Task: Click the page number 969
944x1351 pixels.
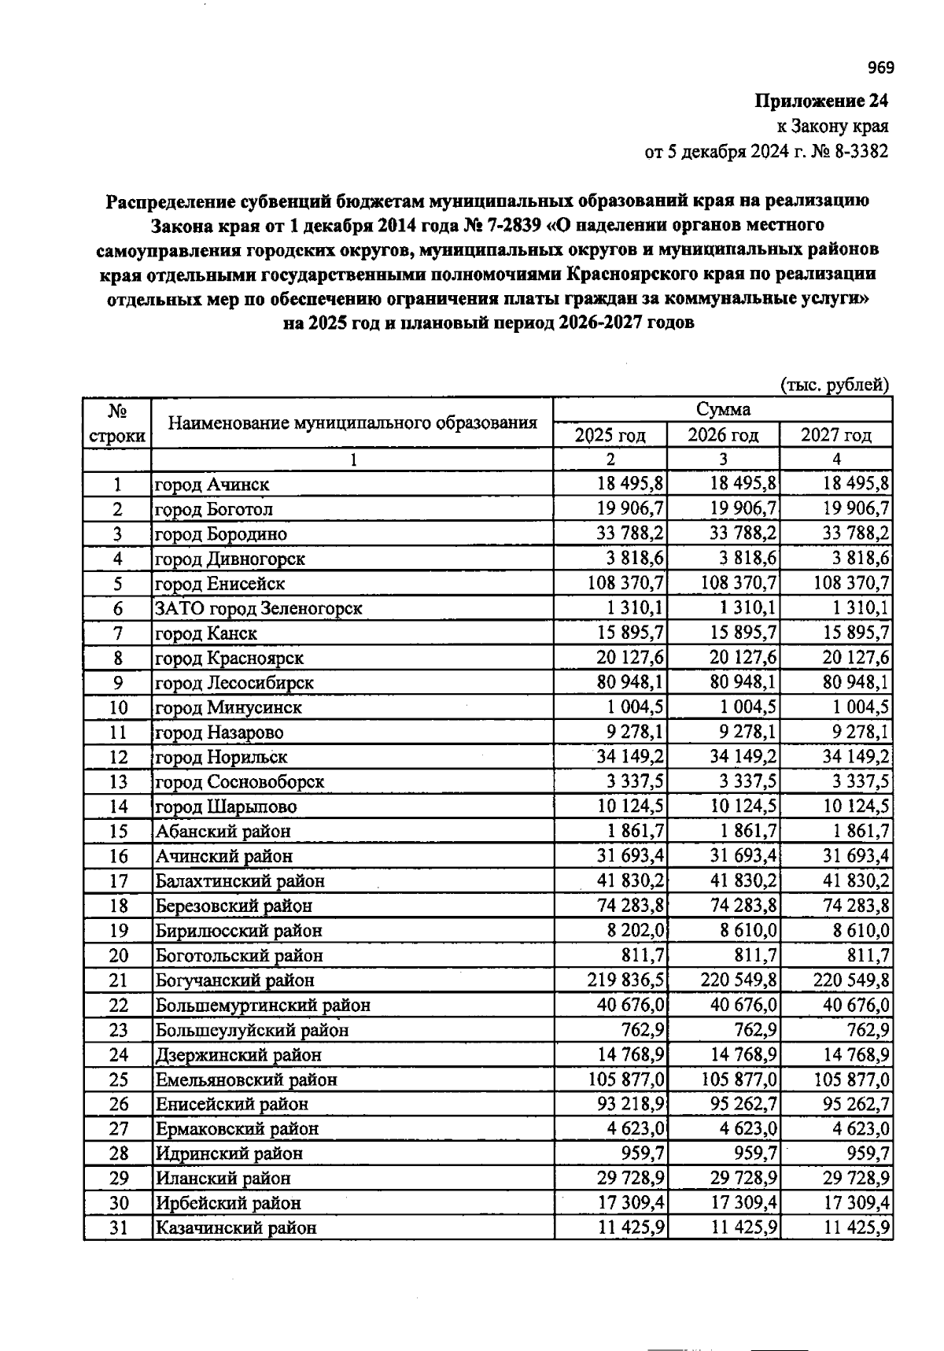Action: [x=880, y=68]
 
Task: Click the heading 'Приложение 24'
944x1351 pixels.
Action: [x=821, y=102]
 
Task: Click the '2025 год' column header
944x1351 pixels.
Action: [x=610, y=435]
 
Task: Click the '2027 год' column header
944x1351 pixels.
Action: [x=835, y=435]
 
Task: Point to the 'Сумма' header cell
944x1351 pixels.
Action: [x=722, y=410]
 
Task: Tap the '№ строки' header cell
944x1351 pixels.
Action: [x=117, y=423]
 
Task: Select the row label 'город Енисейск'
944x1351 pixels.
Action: [x=219, y=584]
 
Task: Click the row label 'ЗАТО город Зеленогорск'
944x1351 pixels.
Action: [x=258, y=608]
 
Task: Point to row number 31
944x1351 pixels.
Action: [x=118, y=1227]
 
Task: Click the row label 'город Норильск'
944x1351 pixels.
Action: [x=221, y=757]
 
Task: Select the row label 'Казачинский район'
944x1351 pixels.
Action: [x=235, y=1227]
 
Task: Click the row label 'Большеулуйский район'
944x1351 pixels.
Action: [x=251, y=1030]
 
